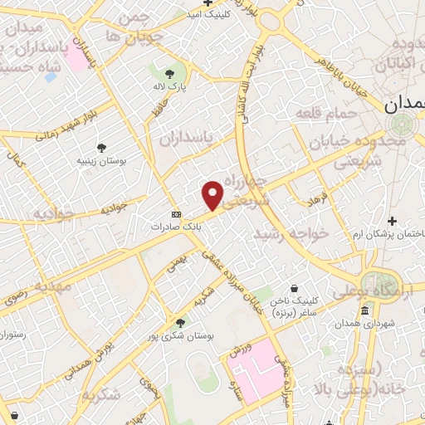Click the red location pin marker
[x=213, y=195]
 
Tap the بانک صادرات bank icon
[x=175, y=212]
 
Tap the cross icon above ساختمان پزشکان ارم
[x=392, y=221]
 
